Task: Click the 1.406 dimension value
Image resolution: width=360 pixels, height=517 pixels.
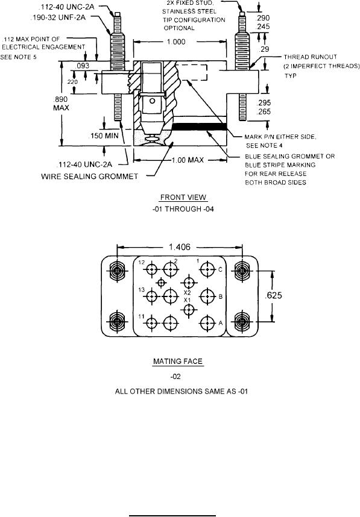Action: click(x=180, y=247)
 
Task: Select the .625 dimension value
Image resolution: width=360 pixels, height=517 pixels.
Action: click(x=274, y=295)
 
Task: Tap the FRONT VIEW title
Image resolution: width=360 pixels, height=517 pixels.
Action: click(x=183, y=198)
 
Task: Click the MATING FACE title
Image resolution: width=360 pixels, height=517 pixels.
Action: click(x=177, y=362)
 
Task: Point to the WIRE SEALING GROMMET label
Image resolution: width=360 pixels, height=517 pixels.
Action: click(x=89, y=177)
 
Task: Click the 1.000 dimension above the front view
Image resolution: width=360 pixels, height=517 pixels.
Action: click(x=176, y=42)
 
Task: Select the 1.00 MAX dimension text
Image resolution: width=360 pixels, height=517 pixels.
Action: click(x=188, y=160)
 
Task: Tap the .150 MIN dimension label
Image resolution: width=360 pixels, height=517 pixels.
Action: click(x=104, y=136)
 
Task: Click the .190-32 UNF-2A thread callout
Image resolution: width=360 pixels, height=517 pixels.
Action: click(x=58, y=18)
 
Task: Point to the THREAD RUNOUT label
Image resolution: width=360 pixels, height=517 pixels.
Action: click(x=310, y=57)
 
